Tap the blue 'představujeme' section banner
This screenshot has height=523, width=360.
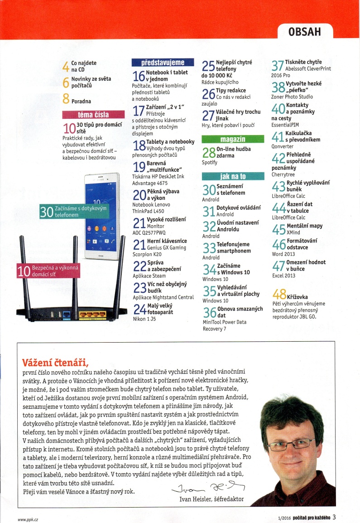(163, 63)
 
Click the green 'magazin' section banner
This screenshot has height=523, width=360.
(232, 139)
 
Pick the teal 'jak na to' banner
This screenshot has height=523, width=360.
(232, 176)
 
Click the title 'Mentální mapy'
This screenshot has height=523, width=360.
(305, 226)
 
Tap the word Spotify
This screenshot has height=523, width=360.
(210, 162)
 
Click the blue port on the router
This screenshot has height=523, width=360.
(66, 313)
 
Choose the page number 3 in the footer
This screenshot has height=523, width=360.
(334, 517)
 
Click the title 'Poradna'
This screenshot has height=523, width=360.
(81, 102)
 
